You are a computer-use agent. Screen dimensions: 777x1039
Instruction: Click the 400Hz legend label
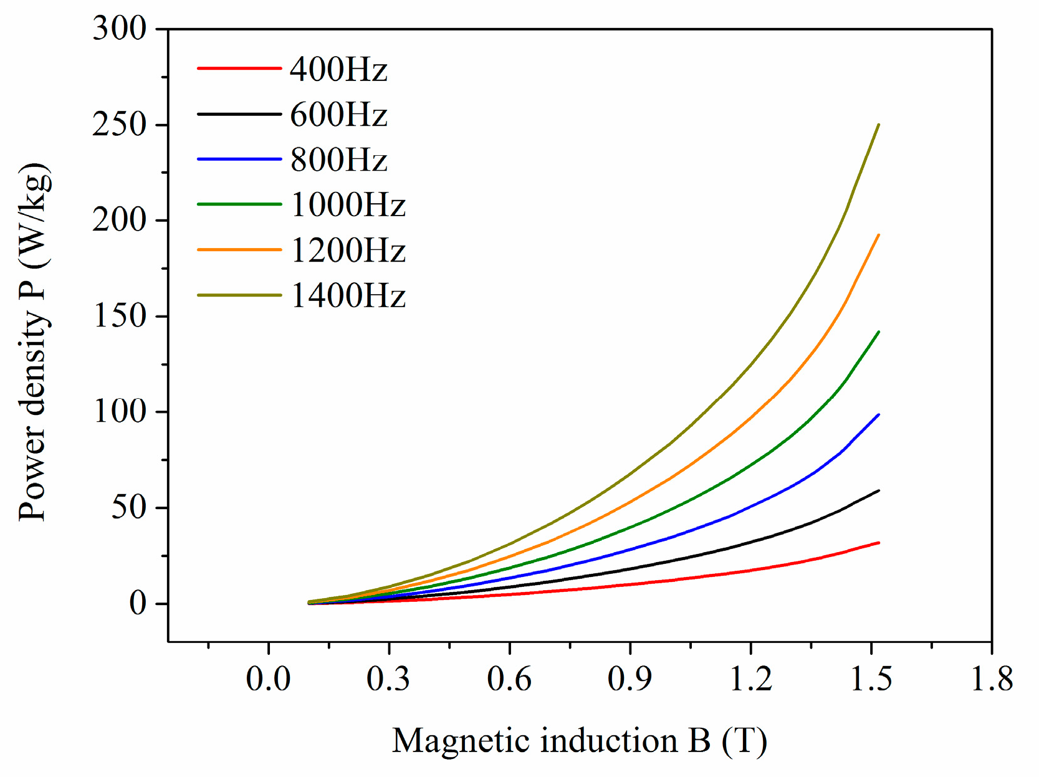tap(338, 69)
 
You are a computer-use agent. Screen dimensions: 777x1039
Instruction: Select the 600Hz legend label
tap(338, 115)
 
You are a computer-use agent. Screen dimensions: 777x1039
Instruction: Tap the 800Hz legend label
tap(338, 160)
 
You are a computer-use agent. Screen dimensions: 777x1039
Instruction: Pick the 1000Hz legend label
tap(348, 205)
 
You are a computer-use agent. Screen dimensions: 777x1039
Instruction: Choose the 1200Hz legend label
tap(348, 250)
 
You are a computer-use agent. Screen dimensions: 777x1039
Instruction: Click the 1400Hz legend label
tap(348, 295)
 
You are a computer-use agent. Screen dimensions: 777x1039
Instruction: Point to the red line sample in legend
tap(239, 68)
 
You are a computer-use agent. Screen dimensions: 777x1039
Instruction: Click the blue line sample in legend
tap(239, 159)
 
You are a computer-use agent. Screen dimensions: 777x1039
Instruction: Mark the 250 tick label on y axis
tap(119, 125)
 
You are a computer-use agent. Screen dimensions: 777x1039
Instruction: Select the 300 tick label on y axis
tap(119, 29)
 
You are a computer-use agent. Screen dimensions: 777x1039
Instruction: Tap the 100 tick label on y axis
tap(119, 412)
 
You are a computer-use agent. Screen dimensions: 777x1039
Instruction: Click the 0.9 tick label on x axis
tap(630, 679)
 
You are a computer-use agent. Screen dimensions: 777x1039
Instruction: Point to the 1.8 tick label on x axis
tap(992, 679)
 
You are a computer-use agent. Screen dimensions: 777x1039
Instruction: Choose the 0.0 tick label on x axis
tap(268, 679)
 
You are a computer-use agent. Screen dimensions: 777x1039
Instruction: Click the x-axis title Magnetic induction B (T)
tap(579, 741)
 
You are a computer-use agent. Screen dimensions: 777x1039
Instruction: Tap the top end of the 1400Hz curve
tap(878, 125)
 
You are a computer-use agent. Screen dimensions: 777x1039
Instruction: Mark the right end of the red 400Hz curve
tap(878, 543)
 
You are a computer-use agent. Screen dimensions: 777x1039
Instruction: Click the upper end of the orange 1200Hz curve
tap(878, 236)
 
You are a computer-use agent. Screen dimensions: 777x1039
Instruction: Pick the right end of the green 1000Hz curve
tap(878, 332)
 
